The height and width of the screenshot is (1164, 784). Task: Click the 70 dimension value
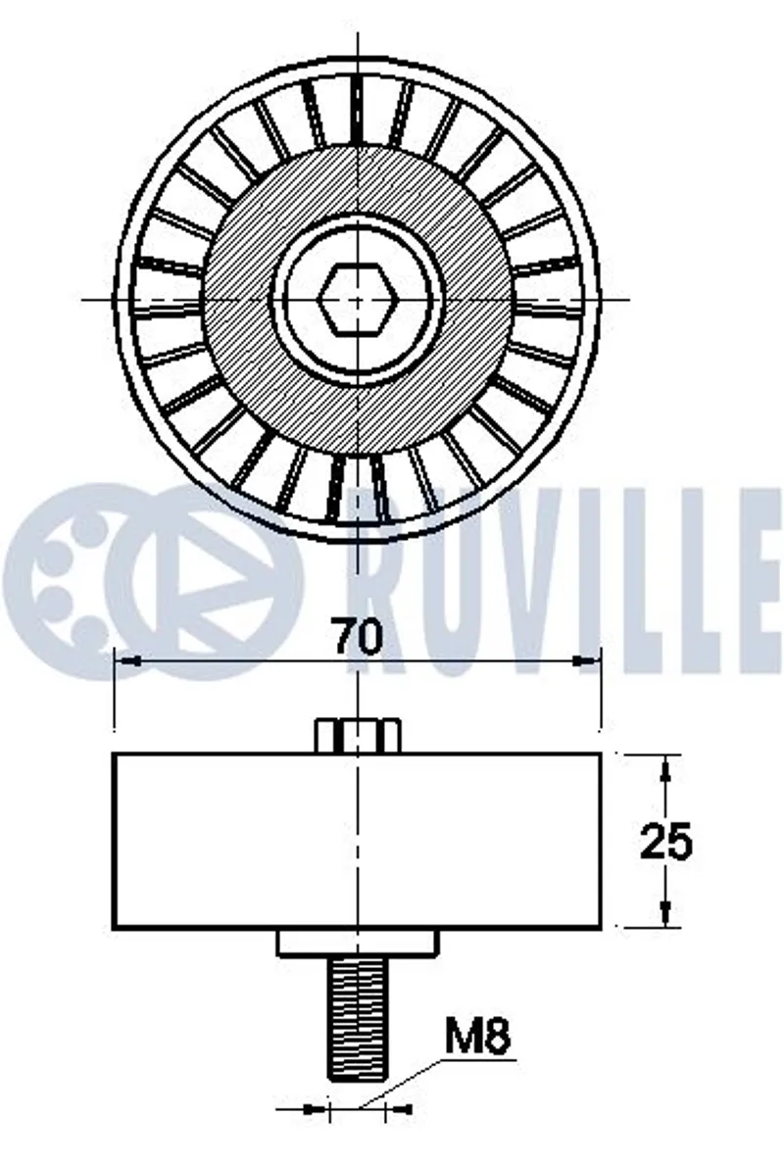pos(357,636)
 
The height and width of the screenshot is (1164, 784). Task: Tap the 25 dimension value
pos(666,842)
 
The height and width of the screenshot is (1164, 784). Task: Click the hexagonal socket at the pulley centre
pos(357,299)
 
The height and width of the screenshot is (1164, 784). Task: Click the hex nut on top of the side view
pos(358,736)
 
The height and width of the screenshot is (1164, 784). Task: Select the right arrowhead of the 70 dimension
pos(589,660)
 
